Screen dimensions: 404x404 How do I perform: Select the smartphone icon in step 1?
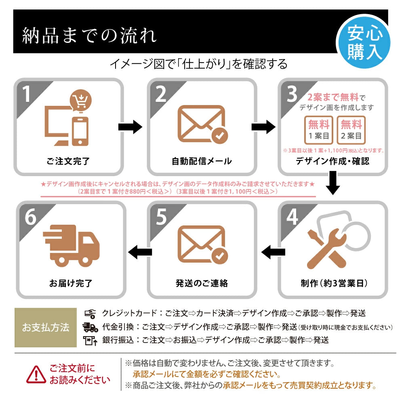coord(80,131)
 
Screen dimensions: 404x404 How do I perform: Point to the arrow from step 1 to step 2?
coord(130,127)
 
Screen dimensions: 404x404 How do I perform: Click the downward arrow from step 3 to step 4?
coord(334,183)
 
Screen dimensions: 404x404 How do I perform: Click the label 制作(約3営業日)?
coord(333,283)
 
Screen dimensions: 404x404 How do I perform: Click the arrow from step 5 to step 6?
coord(140,252)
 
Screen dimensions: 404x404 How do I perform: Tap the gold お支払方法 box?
coord(46,327)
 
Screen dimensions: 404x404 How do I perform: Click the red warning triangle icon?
coord(36,374)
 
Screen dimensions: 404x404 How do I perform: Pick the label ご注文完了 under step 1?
coord(68,161)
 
